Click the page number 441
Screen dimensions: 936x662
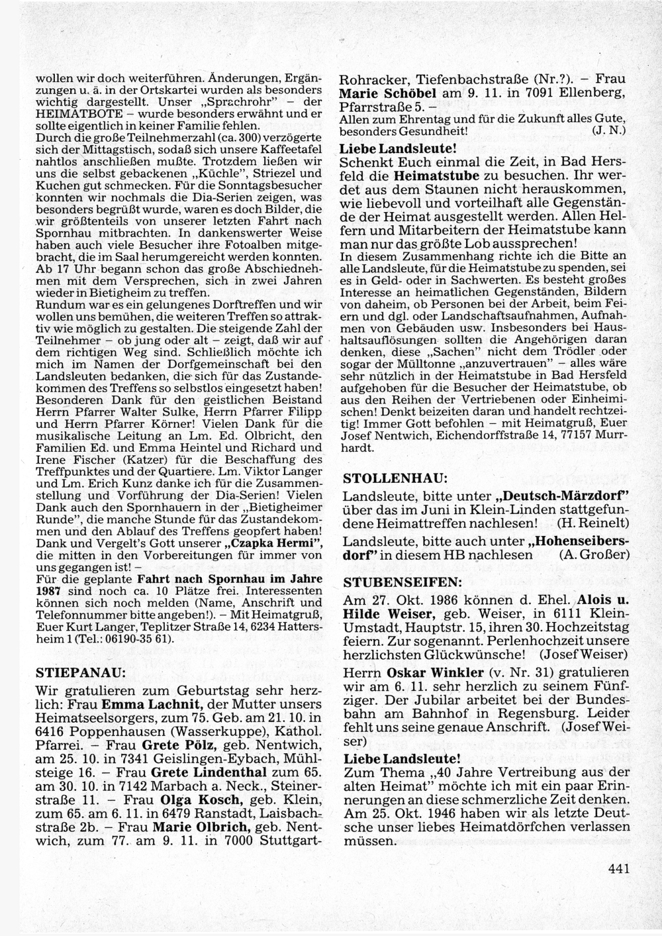pyautogui.click(x=616, y=869)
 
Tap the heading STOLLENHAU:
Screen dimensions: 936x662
pyautogui.click(x=395, y=477)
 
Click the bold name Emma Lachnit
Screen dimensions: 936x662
pyautogui.click(x=151, y=703)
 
